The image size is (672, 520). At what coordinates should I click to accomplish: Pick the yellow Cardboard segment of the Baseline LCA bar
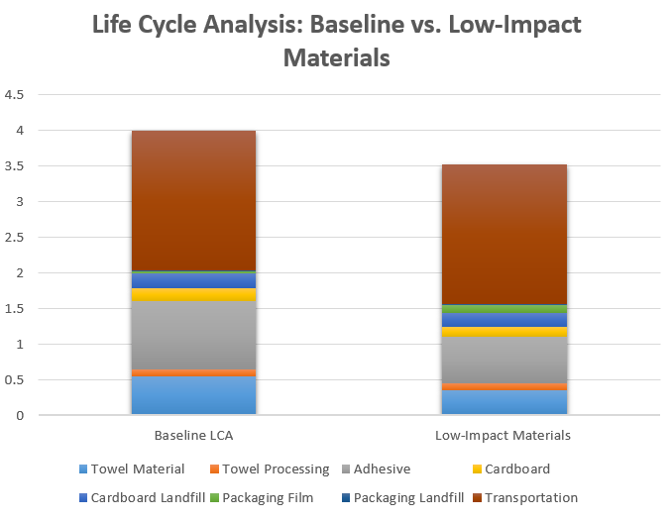[x=194, y=294]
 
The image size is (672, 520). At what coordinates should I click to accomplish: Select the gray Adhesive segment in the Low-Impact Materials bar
[x=504, y=360]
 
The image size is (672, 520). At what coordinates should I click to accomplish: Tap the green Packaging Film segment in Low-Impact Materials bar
[x=504, y=309]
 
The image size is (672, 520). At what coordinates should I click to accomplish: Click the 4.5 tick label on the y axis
[x=15, y=95]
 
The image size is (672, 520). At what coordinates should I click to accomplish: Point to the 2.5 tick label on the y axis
[x=15, y=238]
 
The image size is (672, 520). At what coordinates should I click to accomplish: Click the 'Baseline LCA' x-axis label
[x=194, y=436]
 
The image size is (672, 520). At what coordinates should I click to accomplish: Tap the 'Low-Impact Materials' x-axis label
[x=504, y=436]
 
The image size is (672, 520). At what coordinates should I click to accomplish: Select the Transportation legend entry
[x=530, y=497]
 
